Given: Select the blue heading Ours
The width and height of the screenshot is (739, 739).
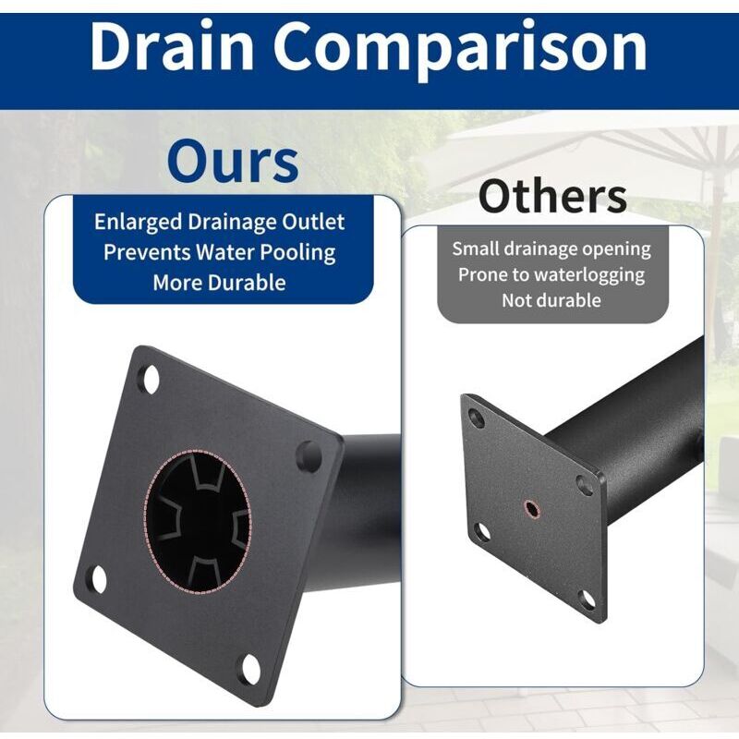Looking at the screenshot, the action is click(233, 161).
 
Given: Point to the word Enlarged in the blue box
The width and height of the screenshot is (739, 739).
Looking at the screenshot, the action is click(138, 223).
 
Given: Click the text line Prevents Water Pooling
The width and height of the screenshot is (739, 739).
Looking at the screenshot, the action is click(219, 252).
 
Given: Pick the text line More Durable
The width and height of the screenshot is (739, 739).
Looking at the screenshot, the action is click(219, 283).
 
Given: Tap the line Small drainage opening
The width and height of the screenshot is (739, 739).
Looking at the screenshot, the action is click(551, 249).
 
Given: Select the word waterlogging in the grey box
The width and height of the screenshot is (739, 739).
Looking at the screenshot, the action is click(589, 275).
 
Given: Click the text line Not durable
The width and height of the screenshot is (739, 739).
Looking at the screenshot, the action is click(551, 300).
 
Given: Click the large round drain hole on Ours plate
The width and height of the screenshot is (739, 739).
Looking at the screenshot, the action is click(197, 521).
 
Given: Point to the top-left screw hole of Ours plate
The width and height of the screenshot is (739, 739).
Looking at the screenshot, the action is click(151, 379).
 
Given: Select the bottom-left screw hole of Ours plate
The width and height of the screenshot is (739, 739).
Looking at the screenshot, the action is click(99, 579).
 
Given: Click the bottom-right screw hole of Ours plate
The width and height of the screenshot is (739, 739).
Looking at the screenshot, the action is click(250, 668).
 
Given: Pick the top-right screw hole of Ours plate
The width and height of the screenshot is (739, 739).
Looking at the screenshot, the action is click(309, 455).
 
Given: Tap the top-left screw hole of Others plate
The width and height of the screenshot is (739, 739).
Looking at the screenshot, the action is click(477, 418).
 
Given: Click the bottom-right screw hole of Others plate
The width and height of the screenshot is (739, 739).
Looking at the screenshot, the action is click(587, 600).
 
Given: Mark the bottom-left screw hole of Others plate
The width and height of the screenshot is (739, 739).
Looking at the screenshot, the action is click(482, 532).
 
